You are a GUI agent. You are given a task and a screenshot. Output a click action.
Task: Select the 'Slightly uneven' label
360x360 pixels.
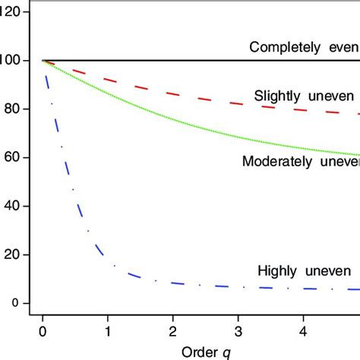305,96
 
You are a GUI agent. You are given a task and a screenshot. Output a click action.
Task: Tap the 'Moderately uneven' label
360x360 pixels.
300,161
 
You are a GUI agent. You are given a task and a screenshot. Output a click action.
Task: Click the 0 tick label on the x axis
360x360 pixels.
43,332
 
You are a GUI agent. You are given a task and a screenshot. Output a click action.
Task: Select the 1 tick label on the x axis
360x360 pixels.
108,332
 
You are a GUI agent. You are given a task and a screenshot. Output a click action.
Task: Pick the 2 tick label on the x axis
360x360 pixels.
173,332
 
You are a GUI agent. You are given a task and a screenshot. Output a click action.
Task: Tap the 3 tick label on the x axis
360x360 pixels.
238,332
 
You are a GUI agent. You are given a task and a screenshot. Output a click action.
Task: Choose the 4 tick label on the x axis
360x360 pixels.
304,332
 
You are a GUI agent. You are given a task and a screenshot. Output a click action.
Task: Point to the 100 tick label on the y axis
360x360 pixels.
14,61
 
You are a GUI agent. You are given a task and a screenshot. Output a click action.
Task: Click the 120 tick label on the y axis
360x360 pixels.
14,12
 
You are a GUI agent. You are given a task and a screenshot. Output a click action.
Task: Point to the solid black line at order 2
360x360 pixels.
173,61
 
